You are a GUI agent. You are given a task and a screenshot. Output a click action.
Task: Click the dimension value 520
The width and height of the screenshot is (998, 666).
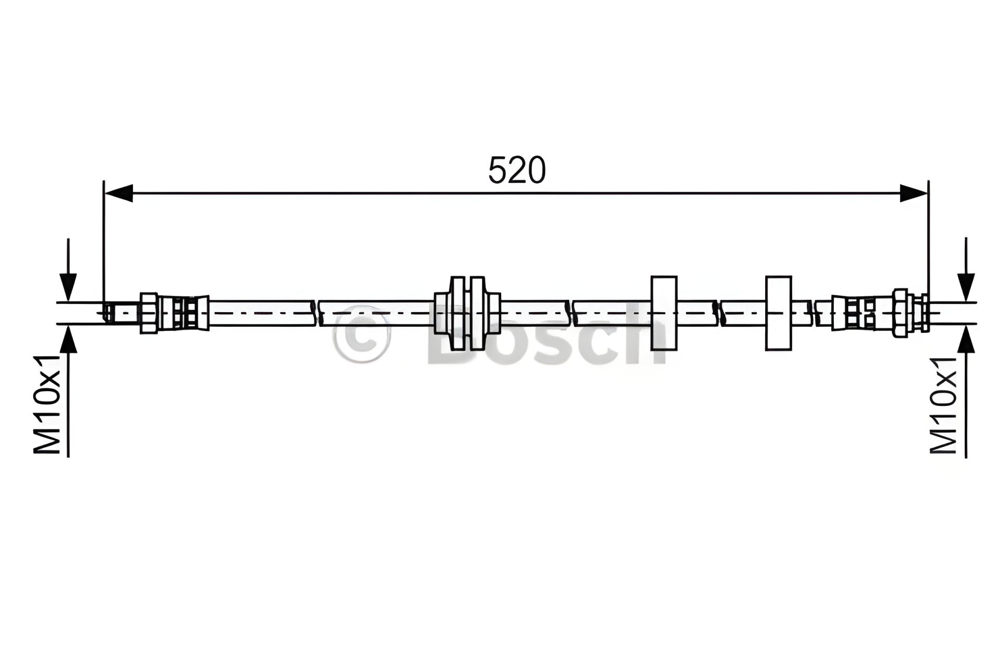(517, 170)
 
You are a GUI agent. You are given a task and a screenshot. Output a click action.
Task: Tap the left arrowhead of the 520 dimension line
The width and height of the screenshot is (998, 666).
(119, 193)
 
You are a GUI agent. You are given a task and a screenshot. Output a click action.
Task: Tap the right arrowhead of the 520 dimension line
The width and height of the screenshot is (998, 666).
(914, 193)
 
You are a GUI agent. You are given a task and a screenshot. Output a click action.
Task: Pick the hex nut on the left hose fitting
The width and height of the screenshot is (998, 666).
(149, 313)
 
